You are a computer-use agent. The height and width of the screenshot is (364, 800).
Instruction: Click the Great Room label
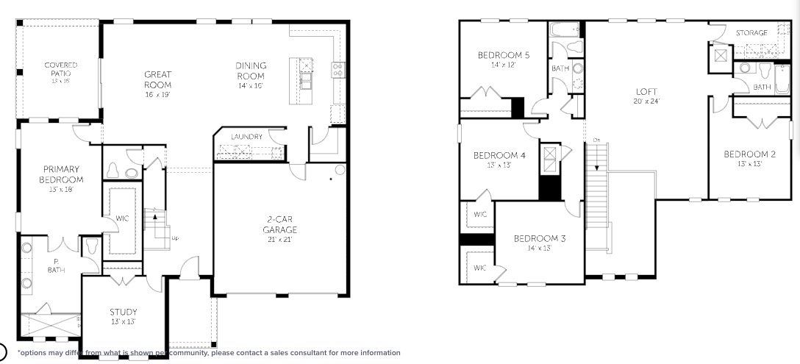158,74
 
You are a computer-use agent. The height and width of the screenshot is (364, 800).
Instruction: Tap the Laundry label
246,137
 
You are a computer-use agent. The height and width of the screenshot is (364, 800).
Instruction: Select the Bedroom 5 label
503,55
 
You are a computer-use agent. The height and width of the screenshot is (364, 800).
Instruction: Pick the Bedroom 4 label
499,155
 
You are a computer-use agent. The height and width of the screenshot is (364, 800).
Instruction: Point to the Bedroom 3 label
540,238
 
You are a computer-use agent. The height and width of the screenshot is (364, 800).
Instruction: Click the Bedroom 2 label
749,154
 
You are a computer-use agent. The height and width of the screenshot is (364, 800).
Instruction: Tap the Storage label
751,33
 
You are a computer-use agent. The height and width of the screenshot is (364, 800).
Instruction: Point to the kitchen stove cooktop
338,71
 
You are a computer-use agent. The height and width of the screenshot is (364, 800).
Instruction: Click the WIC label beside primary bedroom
123,218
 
